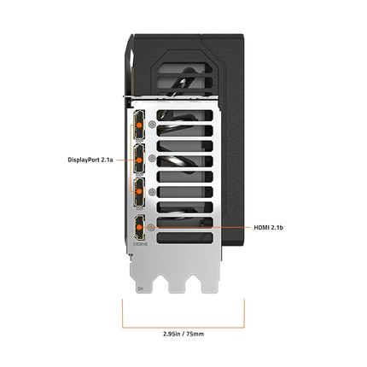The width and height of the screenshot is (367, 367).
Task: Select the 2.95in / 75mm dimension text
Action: pyautogui.click(x=183, y=333)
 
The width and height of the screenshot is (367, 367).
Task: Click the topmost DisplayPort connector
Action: pyautogui.click(x=137, y=127)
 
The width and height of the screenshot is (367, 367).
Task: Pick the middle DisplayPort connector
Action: pyautogui.click(x=137, y=159)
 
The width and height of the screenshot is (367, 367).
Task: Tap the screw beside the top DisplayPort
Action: pyautogui.click(x=151, y=125)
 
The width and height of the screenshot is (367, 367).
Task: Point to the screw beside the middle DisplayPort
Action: pyautogui.click(x=151, y=159)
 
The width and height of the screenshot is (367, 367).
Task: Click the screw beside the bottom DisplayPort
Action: pyautogui.click(x=151, y=193)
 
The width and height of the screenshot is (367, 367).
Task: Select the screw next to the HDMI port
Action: pyautogui.click(x=151, y=227)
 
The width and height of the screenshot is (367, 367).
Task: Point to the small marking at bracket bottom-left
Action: pyautogui.click(x=139, y=288)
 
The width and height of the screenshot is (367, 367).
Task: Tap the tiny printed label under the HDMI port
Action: pyautogui.click(x=138, y=246)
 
